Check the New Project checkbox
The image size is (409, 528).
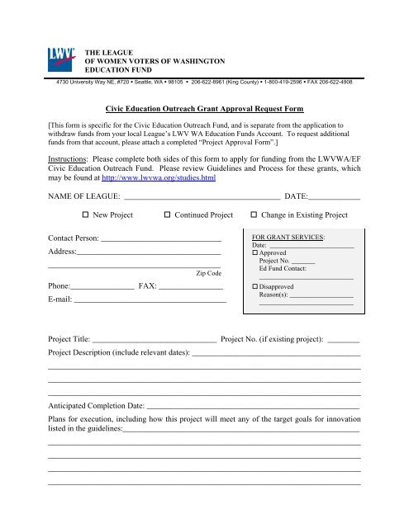click(x=86, y=214)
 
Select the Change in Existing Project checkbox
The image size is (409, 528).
click(x=254, y=214)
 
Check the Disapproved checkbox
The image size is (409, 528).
click(x=255, y=285)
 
